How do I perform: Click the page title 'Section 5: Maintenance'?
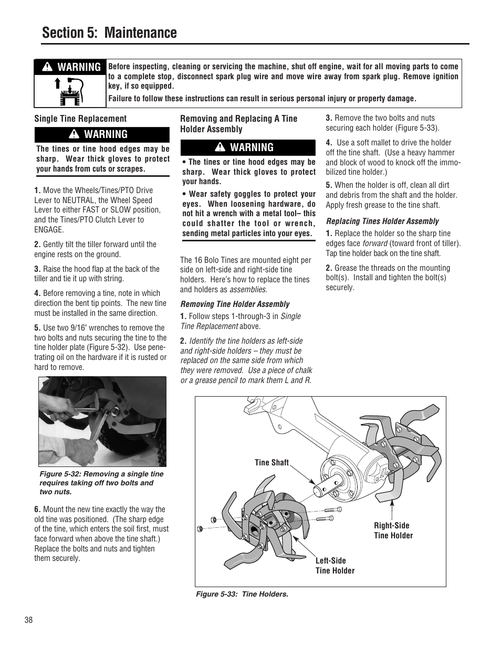point(109,33)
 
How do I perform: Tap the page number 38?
point(28,620)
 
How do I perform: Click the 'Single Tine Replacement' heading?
point(80,119)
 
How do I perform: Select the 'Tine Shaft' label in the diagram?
point(272,462)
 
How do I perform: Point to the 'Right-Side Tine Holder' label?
point(393,530)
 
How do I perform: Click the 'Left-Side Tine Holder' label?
point(335,566)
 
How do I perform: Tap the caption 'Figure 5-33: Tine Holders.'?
point(242,594)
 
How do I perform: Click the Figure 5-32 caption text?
point(101,483)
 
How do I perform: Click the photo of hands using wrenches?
point(102,421)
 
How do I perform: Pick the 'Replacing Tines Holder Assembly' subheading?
point(382,221)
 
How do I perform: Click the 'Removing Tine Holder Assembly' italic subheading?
point(235,304)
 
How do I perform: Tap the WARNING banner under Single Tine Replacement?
point(102,134)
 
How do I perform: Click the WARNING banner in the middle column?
point(248,147)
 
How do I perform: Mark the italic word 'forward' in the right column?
point(374,243)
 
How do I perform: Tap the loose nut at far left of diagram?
point(200,528)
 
